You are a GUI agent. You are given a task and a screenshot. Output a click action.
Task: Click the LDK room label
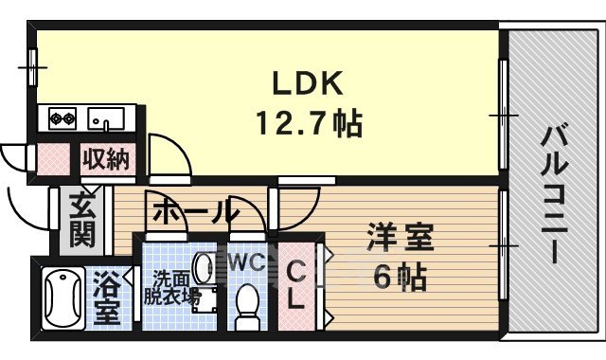pyautogui.click(x=306, y=85)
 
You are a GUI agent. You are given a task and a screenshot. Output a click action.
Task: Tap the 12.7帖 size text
pyautogui.click(x=306, y=124)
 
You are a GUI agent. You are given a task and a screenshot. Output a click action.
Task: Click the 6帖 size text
pyautogui.click(x=400, y=279)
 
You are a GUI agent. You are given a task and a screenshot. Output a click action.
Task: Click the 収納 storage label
pyautogui.click(x=105, y=157)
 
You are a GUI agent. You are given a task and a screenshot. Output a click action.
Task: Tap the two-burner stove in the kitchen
pyautogui.click(x=62, y=119)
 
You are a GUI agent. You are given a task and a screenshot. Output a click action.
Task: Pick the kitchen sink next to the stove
pyautogui.click(x=106, y=119)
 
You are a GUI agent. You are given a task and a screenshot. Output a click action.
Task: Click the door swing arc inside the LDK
pyautogui.click(x=170, y=152)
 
